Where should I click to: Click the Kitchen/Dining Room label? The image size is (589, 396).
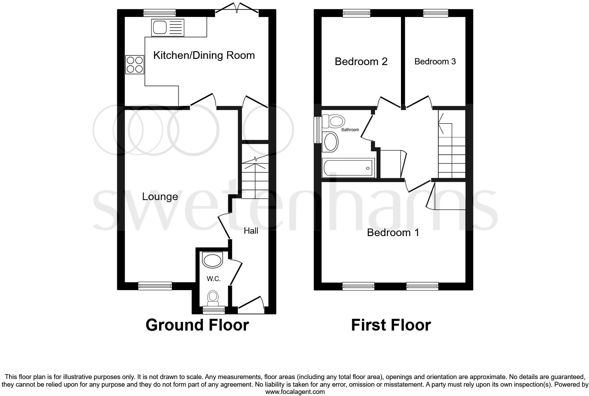[204, 55]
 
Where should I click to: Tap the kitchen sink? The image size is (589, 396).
[168, 27]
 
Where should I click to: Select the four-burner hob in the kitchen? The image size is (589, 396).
[135, 65]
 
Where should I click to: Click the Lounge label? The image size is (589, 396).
[160, 197]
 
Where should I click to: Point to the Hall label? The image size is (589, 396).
[251, 231]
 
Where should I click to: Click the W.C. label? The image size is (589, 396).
[214, 279]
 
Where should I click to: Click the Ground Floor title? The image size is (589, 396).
[197, 325]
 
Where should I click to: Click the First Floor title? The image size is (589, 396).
[391, 325]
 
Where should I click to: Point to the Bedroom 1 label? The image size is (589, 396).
[393, 232]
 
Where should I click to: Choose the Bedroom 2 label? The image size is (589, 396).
[361, 62]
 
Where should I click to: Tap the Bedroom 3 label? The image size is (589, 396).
[435, 62]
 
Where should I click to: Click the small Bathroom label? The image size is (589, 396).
[350, 130]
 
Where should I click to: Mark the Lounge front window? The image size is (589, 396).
[155, 286]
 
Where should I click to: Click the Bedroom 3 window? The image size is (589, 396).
[436, 13]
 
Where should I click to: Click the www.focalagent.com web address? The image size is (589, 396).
[295, 392]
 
